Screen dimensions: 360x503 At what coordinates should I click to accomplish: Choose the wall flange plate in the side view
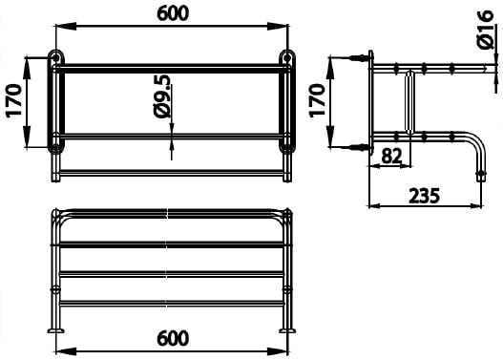pos(372,101)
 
